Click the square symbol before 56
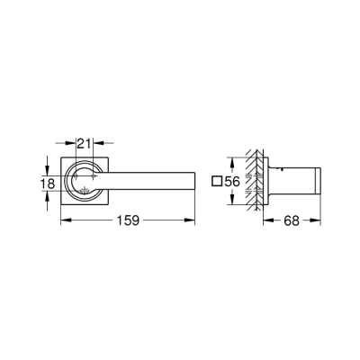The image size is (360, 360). coord(217,182)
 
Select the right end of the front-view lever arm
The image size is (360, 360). coord(193,180)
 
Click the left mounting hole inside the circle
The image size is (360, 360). coord(73,180)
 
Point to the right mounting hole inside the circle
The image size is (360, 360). coord(92,180)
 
